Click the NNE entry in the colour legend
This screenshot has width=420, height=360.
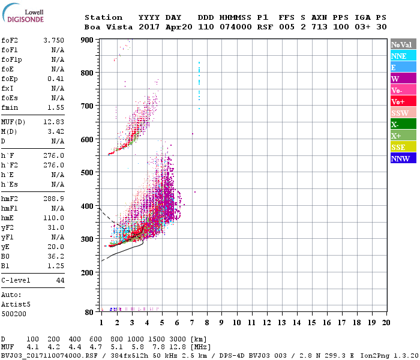[x=403, y=56]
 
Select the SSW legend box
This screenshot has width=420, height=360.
[x=403, y=113]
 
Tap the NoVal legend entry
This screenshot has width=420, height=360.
[x=403, y=44]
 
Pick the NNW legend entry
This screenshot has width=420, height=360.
[x=403, y=158]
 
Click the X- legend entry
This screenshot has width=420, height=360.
[x=403, y=124]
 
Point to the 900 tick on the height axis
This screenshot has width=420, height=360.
[x=88, y=40]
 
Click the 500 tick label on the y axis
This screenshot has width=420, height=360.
[x=88, y=173]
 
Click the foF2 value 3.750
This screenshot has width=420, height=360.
[x=53, y=40]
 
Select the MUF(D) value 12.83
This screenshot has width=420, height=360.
[x=53, y=122]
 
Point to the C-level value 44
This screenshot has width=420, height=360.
[x=60, y=280]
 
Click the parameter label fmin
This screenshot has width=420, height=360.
[x=10, y=107]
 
